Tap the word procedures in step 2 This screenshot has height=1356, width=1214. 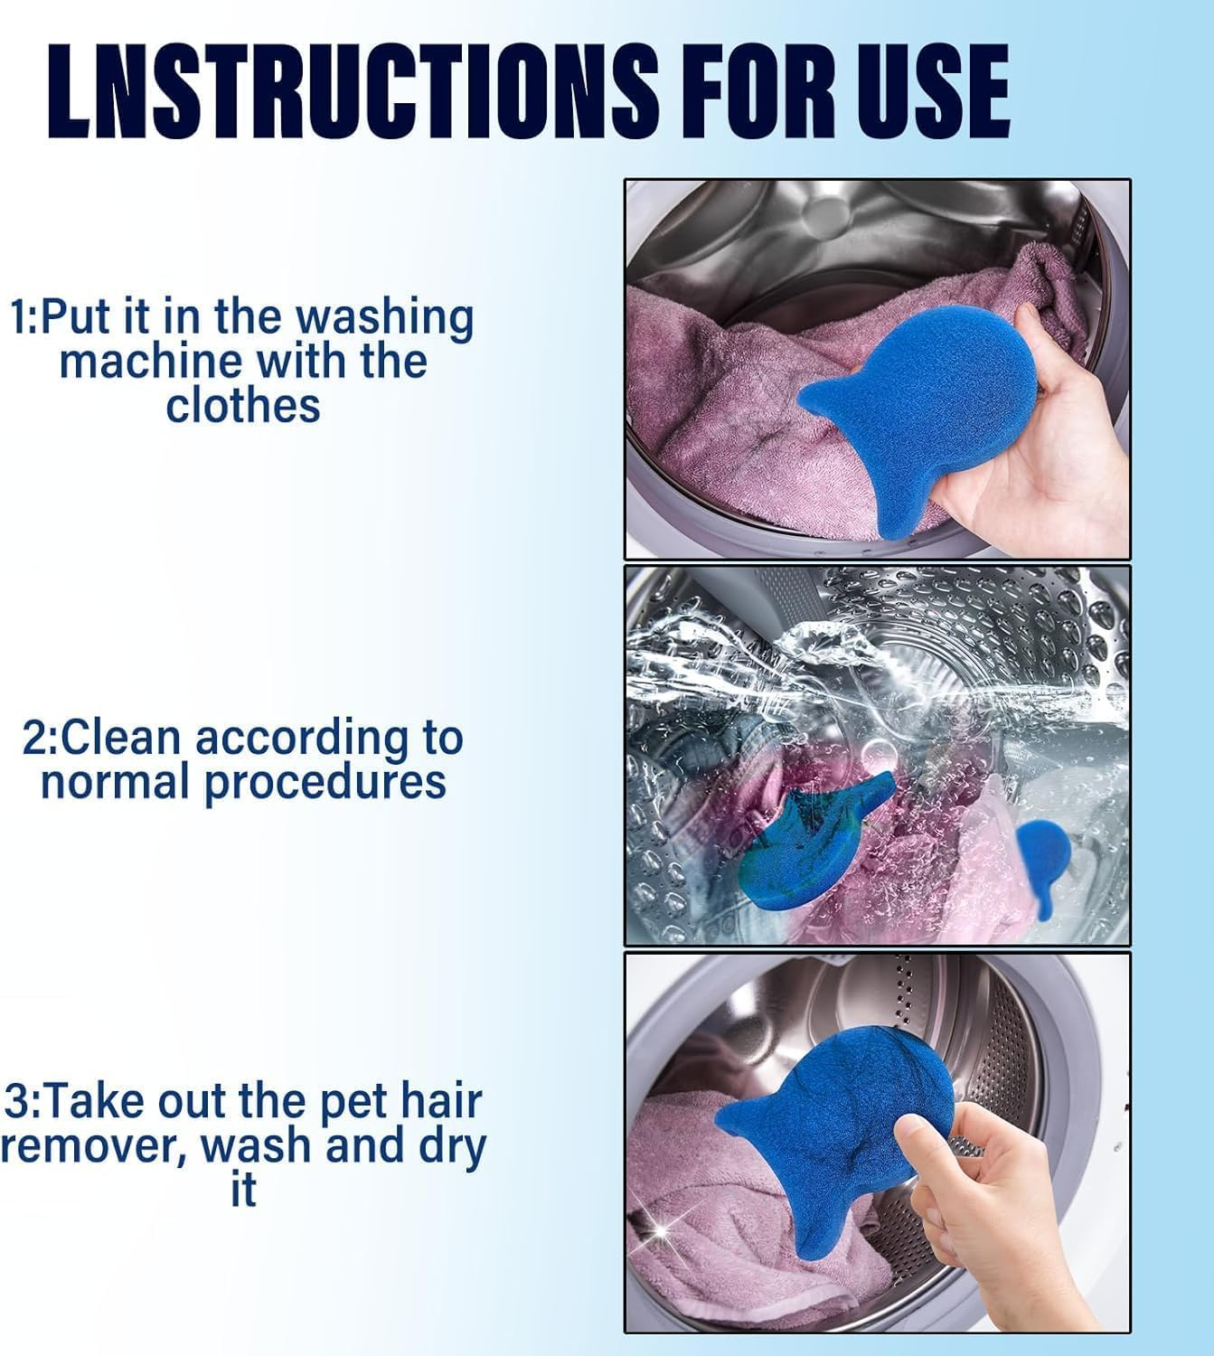coord(325,782)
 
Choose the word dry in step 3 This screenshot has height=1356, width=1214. coord(452,1146)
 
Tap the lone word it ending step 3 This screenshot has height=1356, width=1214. coord(243,1190)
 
